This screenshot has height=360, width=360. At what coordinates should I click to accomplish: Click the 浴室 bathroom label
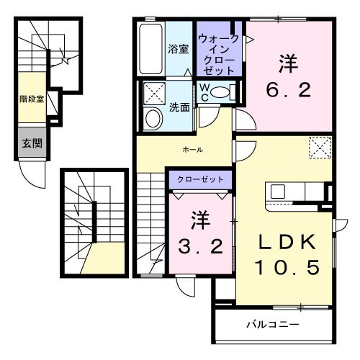179,50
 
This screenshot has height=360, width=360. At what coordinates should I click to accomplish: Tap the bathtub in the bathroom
151,49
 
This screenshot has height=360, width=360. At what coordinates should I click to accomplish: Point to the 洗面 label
179,108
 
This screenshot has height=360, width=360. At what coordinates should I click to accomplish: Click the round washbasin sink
153,118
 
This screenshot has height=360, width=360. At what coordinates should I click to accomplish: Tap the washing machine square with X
153,94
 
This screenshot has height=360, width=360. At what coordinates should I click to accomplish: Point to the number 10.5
285,267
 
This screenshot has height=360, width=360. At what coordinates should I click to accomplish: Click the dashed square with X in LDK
318,147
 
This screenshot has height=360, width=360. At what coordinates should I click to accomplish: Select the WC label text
204,92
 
